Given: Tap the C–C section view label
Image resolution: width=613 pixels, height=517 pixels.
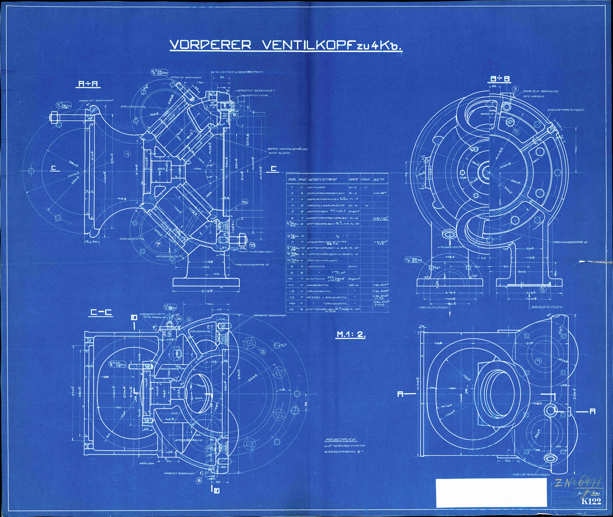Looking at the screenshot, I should [101, 313].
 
